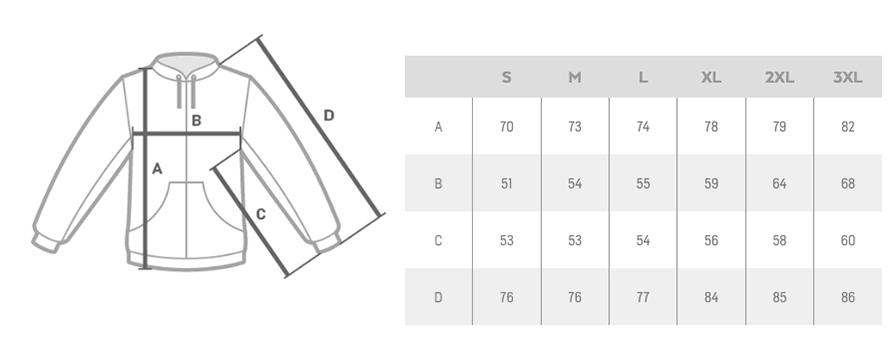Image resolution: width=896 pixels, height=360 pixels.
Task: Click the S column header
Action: (506, 77)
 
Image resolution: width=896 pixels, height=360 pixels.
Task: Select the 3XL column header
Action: (847, 77)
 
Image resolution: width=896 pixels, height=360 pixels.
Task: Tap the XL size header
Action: (711, 77)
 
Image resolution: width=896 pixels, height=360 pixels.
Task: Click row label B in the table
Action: (438, 183)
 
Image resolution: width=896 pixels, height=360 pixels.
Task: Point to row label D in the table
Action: (438, 297)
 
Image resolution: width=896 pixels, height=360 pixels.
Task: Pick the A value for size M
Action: (574, 126)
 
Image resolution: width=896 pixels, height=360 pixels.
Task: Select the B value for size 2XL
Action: (779, 183)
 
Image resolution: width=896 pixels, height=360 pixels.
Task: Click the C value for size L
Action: (643, 241)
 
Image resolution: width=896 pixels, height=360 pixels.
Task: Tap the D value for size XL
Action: (711, 297)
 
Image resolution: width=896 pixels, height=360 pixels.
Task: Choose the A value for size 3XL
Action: (847, 126)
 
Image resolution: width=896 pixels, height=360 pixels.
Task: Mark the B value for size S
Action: (506, 183)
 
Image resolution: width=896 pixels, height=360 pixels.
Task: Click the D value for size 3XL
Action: (847, 297)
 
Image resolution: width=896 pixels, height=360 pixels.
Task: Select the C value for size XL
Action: (711, 241)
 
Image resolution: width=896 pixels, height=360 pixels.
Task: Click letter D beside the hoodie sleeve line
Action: (329, 115)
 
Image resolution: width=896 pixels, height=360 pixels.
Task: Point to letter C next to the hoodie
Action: (261, 214)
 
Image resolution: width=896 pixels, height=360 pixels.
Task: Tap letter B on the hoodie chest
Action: (196, 121)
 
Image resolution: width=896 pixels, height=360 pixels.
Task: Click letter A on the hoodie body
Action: (157, 169)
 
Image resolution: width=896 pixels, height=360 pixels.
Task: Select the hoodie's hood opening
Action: (186, 58)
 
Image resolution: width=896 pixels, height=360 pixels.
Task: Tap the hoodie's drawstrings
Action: (186, 91)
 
